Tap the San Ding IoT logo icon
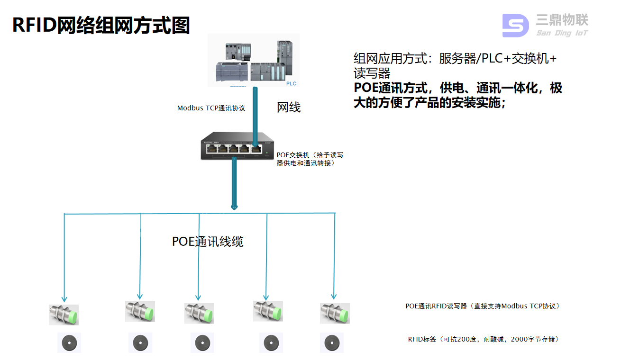(x=515, y=26)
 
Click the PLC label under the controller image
(x=291, y=83)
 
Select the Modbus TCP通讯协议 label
(x=211, y=108)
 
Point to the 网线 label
(x=289, y=108)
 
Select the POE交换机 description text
(x=310, y=159)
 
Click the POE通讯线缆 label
(x=208, y=242)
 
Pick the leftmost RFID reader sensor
(x=64, y=315)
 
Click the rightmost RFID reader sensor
(x=335, y=313)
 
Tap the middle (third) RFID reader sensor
(x=199, y=313)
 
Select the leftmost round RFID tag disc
(x=69, y=342)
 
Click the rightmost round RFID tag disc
(x=331, y=342)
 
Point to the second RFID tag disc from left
(x=140, y=342)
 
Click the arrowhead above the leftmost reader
(x=64, y=299)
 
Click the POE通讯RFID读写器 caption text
(x=483, y=306)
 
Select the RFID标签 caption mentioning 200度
(x=483, y=339)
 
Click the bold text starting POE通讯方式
(x=458, y=95)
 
